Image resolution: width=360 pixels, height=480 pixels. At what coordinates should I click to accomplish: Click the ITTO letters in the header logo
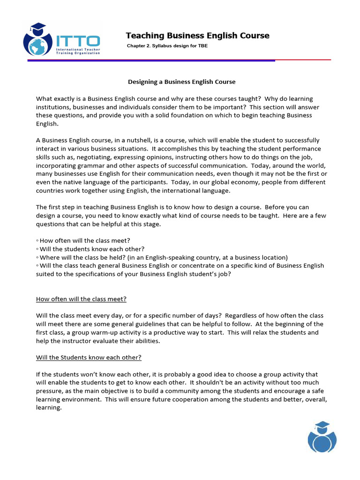pyautogui.click(x=78, y=40)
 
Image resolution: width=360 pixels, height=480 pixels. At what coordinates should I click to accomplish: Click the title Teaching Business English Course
pyautogui.click(x=197, y=36)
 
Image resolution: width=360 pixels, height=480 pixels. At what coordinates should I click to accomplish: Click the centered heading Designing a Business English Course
pyautogui.click(x=182, y=82)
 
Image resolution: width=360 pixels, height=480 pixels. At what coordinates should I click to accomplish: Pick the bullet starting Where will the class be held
pyautogui.click(x=162, y=257)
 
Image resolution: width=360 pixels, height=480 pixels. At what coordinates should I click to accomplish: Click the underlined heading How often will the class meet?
pyautogui.click(x=81, y=299)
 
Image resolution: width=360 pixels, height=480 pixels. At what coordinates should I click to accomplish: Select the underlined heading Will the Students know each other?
pyautogui.click(x=89, y=358)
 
